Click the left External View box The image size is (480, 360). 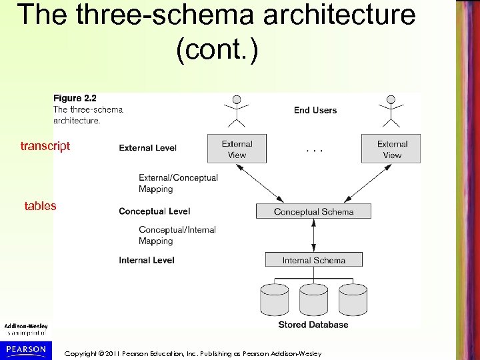coord(237,149)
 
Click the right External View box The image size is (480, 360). coord(392,149)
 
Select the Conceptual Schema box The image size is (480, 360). coord(313,212)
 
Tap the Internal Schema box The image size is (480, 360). coord(313,260)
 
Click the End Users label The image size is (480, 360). coord(315,110)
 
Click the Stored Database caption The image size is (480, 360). coord(313,325)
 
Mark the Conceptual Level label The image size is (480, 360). coord(154,211)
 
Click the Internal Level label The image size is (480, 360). coord(147,260)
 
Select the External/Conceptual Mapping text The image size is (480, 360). coord(178,183)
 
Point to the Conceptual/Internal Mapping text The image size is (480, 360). coord(177,235)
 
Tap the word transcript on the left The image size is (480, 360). coord(45,146)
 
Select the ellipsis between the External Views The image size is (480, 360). coord(314,151)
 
